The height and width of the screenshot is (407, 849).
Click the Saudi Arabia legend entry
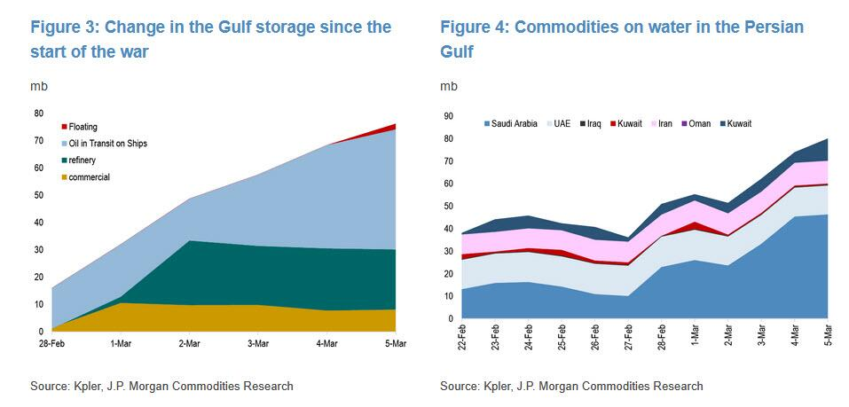[514, 123]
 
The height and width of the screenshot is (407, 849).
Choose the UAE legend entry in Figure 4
[562, 123]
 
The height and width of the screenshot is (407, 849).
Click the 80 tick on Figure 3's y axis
[39, 113]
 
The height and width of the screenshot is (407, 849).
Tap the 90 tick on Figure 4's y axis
[448, 115]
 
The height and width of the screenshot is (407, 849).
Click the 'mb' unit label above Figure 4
[448, 87]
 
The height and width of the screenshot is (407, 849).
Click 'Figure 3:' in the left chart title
[64, 27]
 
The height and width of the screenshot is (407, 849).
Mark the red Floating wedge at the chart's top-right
[391, 128]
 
